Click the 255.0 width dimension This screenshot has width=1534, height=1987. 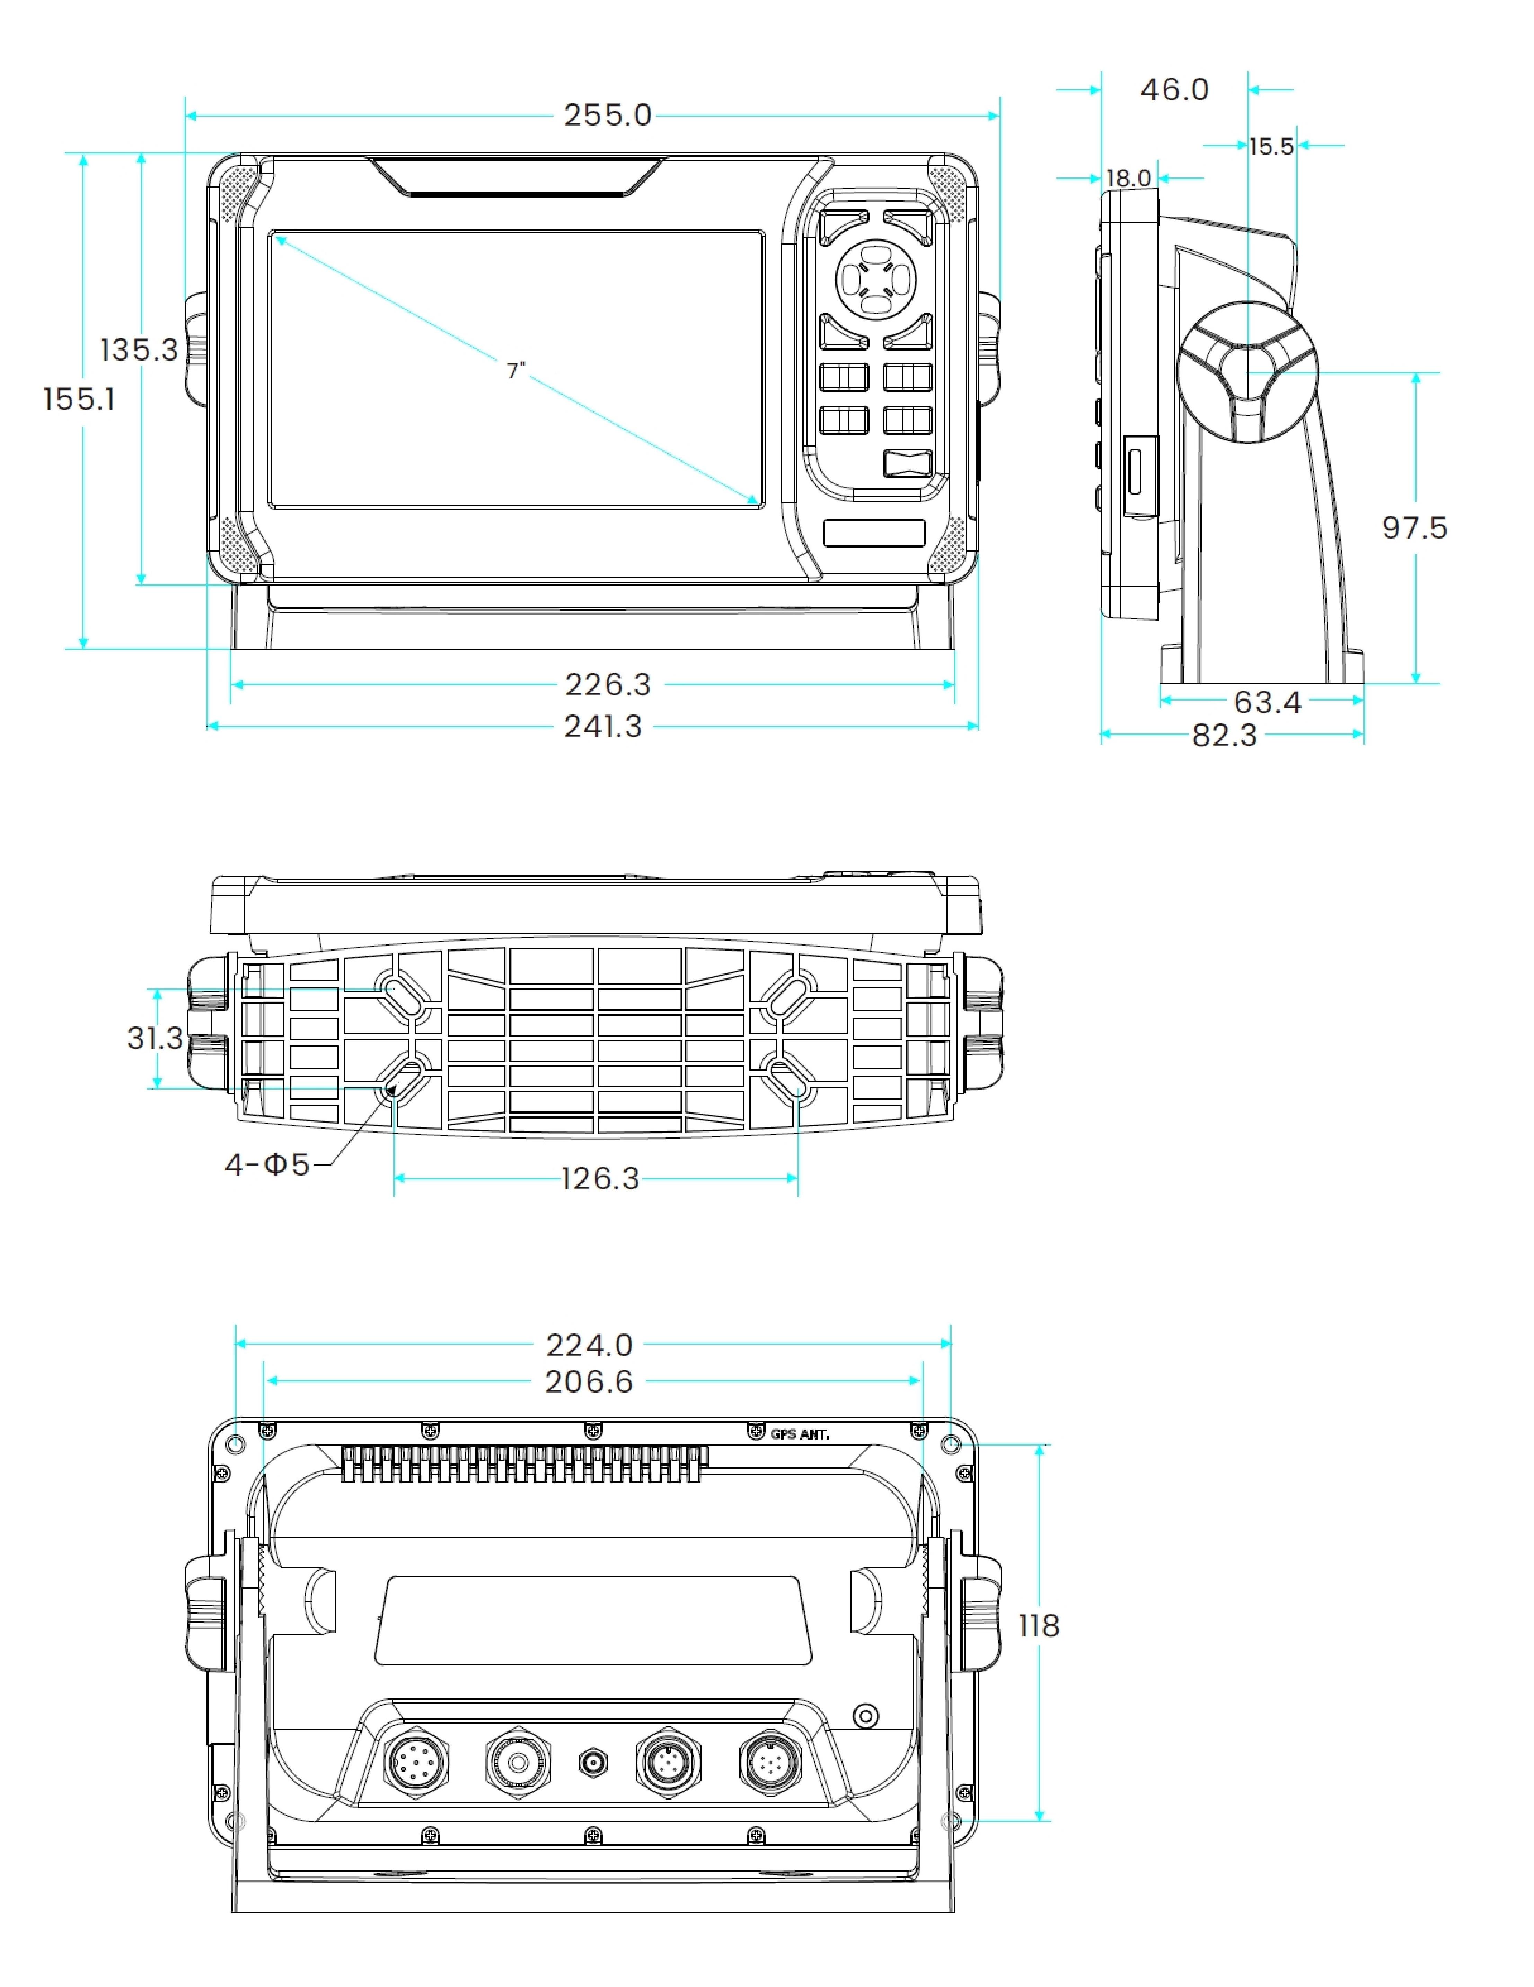point(607,115)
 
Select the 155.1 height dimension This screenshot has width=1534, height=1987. point(79,399)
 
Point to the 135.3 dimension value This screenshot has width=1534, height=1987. point(138,350)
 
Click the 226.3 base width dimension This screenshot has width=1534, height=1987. point(607,684)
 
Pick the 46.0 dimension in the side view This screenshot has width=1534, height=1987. point(1174,90)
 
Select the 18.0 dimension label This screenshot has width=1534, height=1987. point(1128,178)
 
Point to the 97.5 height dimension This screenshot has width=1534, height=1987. point(1414,528)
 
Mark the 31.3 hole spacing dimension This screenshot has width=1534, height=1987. point(155,1038)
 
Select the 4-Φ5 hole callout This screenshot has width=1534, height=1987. point(267,1164)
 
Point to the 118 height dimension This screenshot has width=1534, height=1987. point(1038,1626)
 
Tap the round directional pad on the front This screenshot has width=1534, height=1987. point(875,278)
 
